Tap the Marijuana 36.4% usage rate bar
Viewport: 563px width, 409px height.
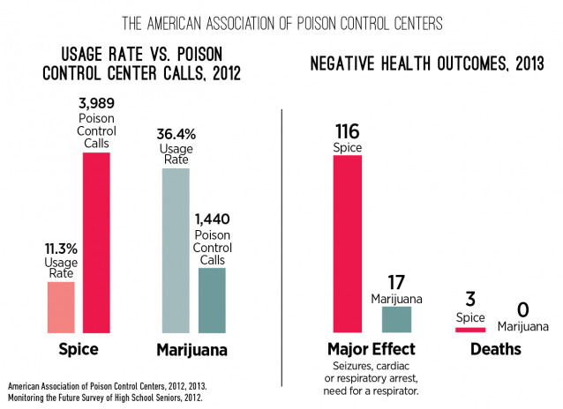(x=176, y=249)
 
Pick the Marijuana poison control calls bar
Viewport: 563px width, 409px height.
(x=212, y=300)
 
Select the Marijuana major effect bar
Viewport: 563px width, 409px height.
(x=396, y=318)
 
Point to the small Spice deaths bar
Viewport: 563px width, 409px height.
(x=470, y=329)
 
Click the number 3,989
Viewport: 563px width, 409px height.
(x=96, y=104)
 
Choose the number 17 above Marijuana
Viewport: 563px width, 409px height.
(x=396, y=282)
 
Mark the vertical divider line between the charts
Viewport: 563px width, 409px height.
(x=281, y=247)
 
